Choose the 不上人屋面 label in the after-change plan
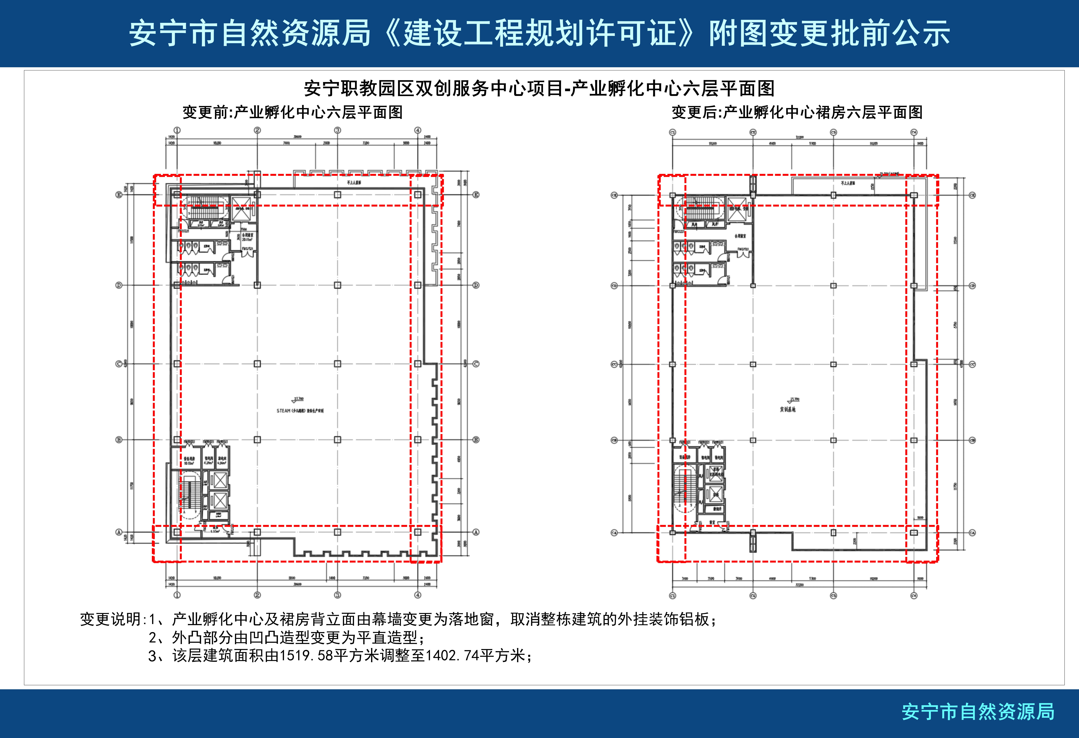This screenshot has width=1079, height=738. tap(848, 183)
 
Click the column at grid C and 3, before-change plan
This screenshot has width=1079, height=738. tap(338, 364)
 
